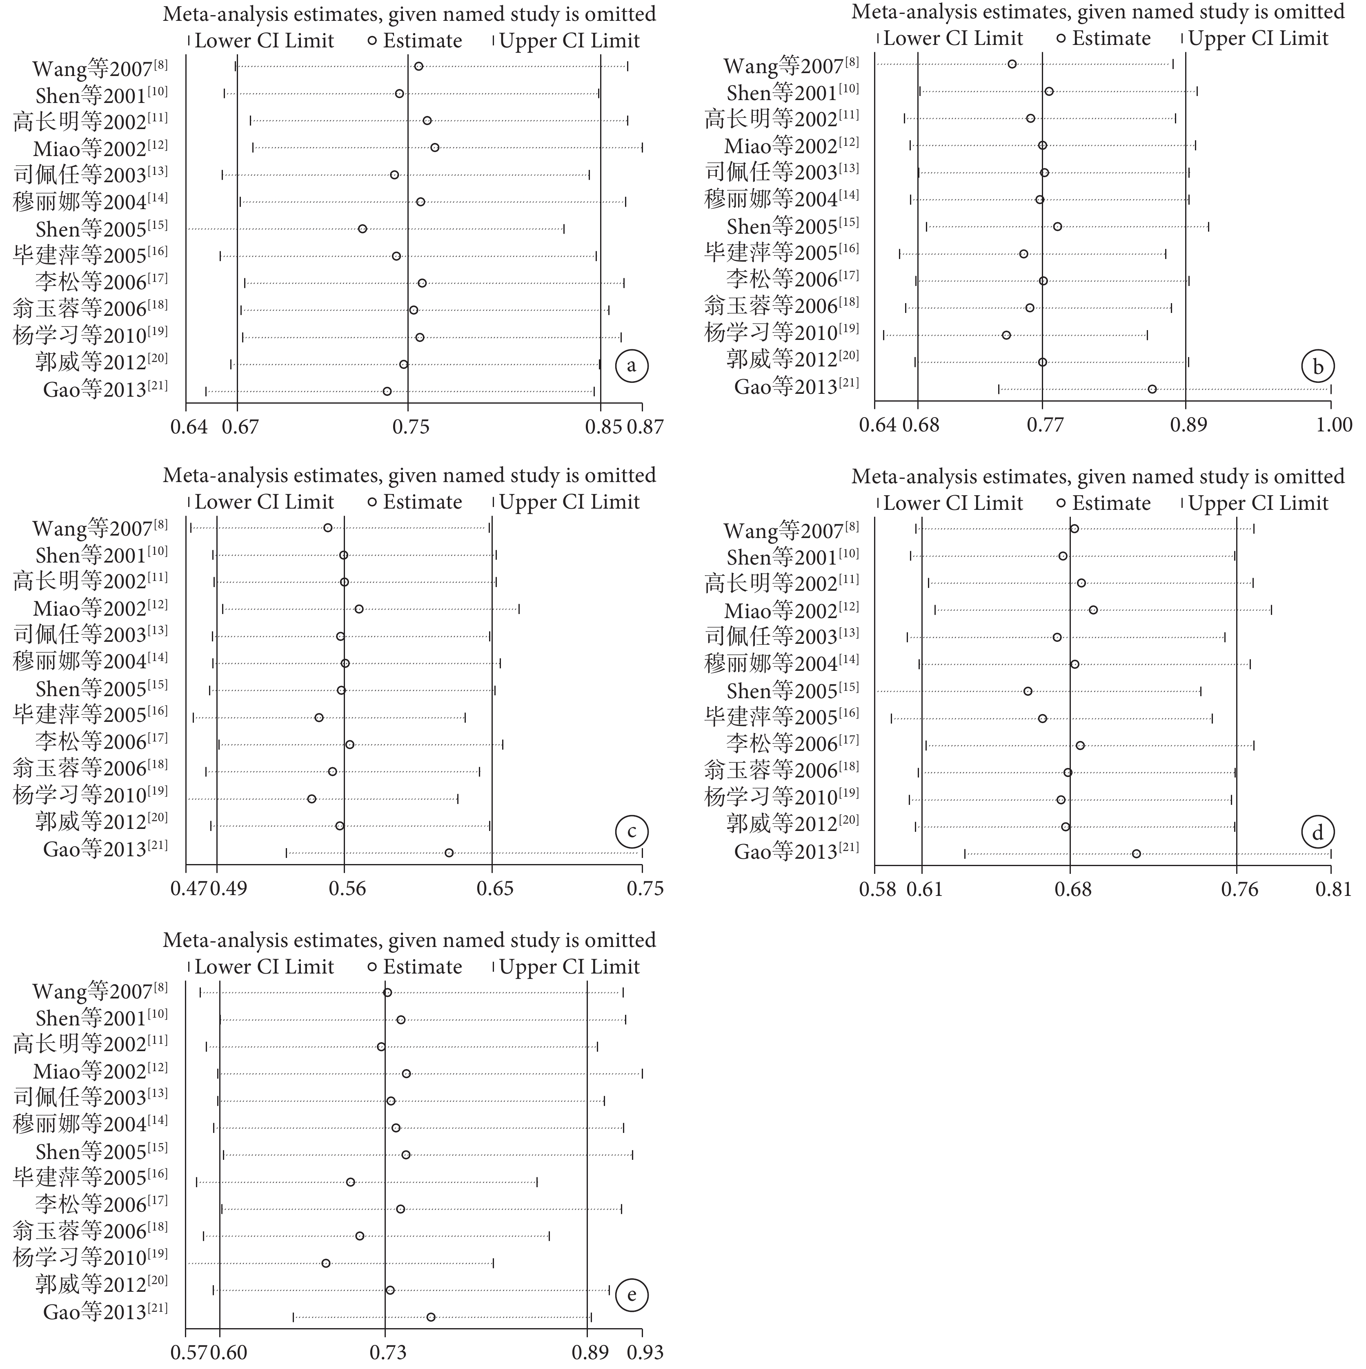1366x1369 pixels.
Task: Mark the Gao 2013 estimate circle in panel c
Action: (x=449, y=853)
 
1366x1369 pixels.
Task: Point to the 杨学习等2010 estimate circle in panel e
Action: (x=326, y=1263)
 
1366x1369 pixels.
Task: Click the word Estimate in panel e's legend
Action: (x=423, y=967)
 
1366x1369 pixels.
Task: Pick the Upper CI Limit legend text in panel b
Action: (x=1258, y=38)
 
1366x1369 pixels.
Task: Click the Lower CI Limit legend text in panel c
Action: (x=264, y=502)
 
